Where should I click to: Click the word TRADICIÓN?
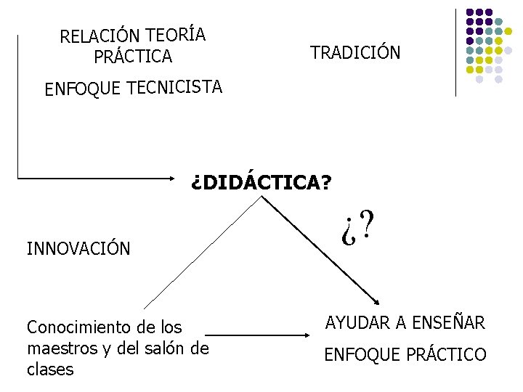[x=354, y=52]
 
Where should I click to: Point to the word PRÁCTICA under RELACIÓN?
[x=133, y=56]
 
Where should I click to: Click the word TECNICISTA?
[x=174, y=88]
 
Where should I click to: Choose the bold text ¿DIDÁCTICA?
[x=260, y=181]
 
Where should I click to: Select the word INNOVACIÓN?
[x=78, y=249]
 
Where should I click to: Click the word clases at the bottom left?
[x=50, y=369]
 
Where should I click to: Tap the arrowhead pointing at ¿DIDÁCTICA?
[x=181, y=176]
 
